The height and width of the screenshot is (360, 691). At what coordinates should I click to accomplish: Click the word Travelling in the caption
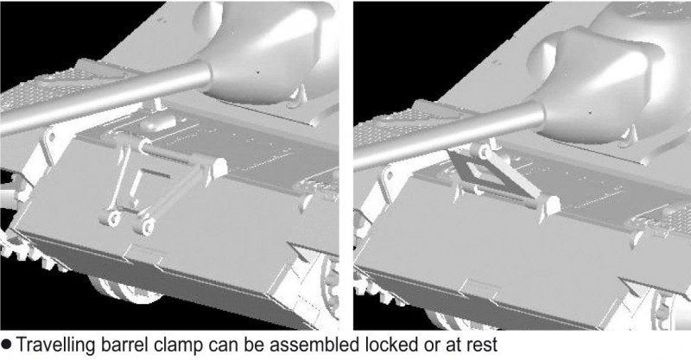tap(55, 345)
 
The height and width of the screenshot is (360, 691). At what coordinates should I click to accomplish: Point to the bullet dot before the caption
tap(6, 344)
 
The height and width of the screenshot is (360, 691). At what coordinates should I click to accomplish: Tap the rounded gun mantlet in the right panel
tap(604, 84)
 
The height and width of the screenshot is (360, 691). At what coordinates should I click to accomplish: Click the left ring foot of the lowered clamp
tap(113, 218)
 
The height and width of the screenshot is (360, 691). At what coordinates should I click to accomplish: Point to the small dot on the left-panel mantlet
tap(258, 71)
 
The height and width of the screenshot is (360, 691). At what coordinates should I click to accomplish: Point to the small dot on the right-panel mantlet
tap(591, 113)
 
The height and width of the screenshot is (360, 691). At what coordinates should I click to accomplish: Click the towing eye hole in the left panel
tap(51, 137)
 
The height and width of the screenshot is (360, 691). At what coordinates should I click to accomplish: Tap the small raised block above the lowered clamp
tap(159, 123)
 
